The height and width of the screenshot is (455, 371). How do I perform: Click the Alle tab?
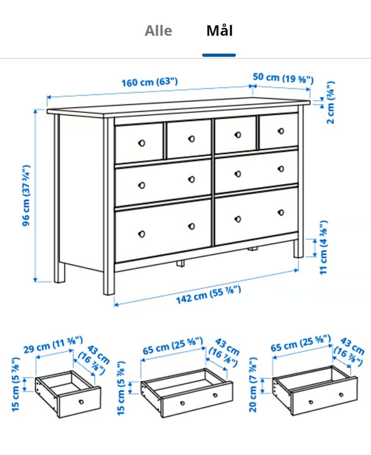click(x=158, y=31)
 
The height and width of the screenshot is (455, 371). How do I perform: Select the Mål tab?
click(x=220, y=31)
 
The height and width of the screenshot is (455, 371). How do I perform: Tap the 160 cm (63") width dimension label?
click(x=150, y=82)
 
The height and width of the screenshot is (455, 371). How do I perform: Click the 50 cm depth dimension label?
click(x=283, y=78)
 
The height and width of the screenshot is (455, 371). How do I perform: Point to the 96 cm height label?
click(x=26, y=196)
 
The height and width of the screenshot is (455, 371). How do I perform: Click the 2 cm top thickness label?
click(x=330, y=102)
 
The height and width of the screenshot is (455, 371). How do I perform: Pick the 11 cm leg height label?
click(x=323, y=247)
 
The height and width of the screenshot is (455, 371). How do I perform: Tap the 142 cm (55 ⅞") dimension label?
click(x=209, y=295)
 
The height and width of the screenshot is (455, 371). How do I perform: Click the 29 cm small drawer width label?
click(x=53, y=344)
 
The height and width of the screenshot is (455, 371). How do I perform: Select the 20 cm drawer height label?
click(x=253, y=385)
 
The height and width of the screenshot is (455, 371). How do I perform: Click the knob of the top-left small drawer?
click(x=141, y=143)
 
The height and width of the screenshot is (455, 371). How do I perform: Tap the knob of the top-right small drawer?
click(x=281, y=131)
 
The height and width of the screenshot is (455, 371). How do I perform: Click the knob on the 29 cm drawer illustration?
click(x=81, y=402)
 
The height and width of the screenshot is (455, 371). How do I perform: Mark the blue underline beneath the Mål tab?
click(x=219, y=55)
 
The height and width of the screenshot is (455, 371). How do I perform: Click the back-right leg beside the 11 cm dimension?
click(x=298, y=249)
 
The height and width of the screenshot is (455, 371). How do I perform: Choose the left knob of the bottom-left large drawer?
click(x=141, y=234)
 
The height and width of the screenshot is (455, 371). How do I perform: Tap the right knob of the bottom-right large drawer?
click(x=281, y=213)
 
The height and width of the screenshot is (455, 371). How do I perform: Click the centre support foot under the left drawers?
click(x=180, y=263)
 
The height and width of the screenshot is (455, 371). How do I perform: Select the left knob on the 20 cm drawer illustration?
click(x=311, y=402)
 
